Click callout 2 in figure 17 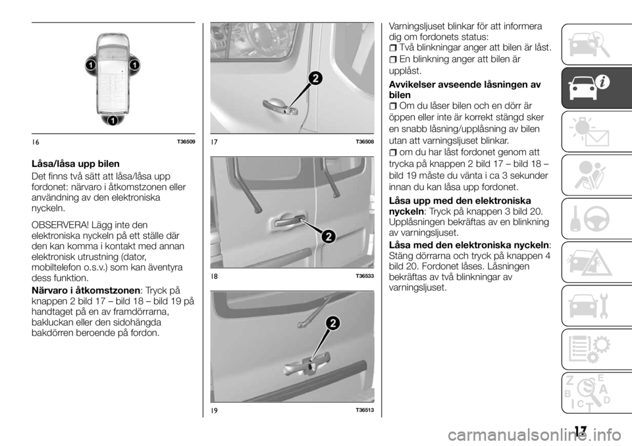point(315,80)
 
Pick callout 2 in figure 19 point(332,324)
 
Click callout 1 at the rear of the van point(113,120)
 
